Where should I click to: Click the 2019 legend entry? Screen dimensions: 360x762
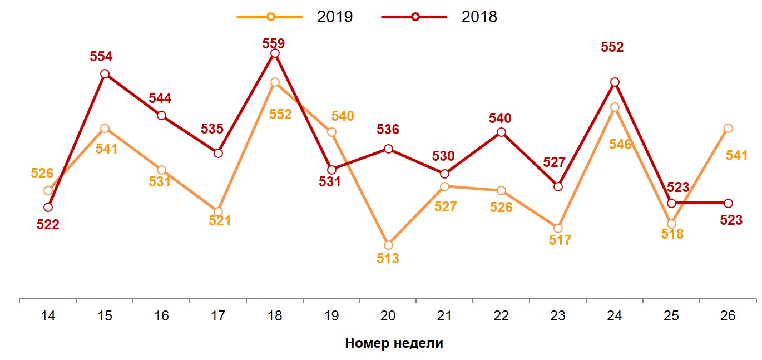point(295,17)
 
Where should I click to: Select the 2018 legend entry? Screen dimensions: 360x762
point(439,17)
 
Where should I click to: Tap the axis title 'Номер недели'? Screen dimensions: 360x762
point(394,343)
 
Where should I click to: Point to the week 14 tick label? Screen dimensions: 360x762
point(48,316)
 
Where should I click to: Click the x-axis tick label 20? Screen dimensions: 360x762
point(388,316)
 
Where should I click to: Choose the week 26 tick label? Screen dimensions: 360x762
point(728,316)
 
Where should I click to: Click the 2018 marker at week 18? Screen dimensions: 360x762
point(274,53)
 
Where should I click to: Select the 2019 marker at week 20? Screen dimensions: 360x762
point(388,245)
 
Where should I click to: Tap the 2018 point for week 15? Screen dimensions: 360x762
point(105,73)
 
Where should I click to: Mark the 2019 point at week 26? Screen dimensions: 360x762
point(728,128)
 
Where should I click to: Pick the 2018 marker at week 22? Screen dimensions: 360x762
point(501,132)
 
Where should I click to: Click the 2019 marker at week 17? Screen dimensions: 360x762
point(218,211)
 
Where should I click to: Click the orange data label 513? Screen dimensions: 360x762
point(388,259)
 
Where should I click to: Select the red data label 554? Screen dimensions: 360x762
point(101,56)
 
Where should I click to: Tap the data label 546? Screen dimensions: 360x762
point(620,145)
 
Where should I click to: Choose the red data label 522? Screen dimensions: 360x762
point(48,225)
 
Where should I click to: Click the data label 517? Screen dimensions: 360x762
point(560,240)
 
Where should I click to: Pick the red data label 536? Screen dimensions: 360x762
point(388,130)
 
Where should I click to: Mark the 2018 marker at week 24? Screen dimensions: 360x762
point(615,82)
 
